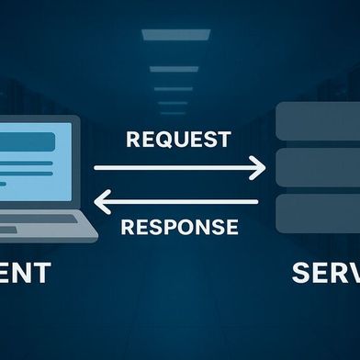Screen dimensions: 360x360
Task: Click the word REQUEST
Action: click(179, 141)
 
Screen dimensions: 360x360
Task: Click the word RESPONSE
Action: click(179, 227)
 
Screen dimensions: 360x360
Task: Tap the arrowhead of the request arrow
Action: click(259, 167)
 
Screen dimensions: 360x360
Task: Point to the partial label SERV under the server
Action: click(326, 274)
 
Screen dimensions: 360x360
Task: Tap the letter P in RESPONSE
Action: click(173, 227)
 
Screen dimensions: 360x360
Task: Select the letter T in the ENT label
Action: click(42, 274)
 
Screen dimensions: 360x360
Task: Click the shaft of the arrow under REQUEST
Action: click(174, 167)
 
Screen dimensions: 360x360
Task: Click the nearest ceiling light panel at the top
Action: click(180, 36)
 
